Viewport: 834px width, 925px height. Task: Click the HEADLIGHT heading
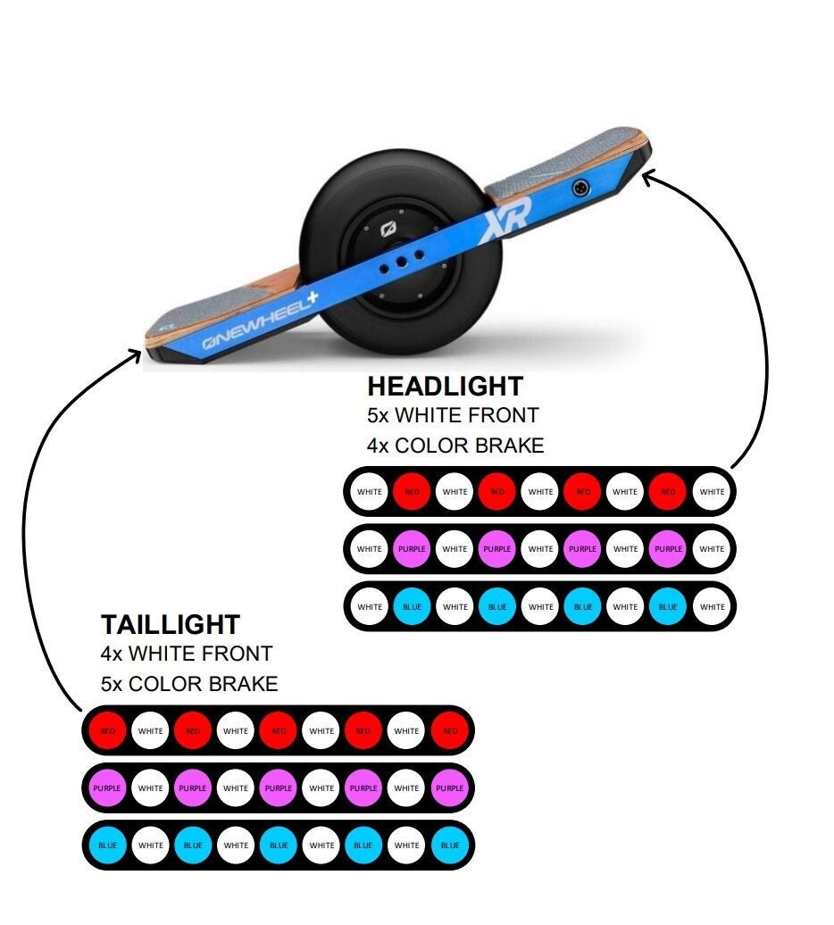[x=445, y=387]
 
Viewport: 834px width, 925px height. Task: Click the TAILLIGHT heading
[x=170, y=624]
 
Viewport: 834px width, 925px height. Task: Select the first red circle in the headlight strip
[x=413, y=492]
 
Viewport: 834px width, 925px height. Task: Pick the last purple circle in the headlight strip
[x=668, y=549]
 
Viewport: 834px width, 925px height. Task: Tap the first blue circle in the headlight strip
[x=413, y=607]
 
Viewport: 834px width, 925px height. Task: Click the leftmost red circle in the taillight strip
[x=108, y=731]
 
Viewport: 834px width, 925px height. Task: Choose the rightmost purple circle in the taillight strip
[x=449, y=788]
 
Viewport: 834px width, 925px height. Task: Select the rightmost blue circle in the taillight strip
[x=449, y=846]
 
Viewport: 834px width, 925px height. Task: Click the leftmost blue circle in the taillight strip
[x=108, y=846]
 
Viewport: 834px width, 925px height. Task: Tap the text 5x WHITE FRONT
[x=453, y=415]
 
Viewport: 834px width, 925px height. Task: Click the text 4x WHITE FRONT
[x=186, y=654]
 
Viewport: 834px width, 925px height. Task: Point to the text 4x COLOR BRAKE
[x=455, y=445]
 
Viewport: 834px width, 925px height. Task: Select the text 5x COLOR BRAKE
[x=189, y=684]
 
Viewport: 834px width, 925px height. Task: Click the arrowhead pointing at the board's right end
[x=648, y=178]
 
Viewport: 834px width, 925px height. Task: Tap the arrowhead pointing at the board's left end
[x=135, y=355]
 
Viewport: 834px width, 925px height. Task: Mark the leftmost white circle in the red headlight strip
[x=370, y=492]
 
